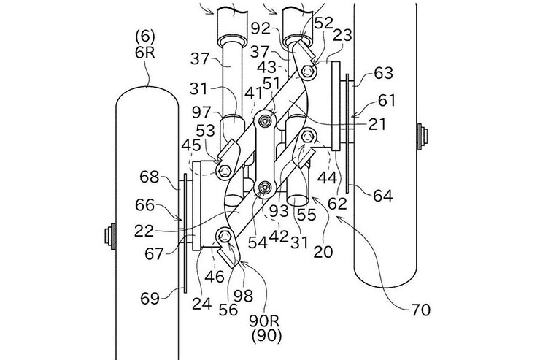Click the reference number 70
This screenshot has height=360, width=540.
tap(421, 310)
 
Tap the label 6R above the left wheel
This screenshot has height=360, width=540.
tap(145, 53)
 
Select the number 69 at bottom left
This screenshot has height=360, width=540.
tap(150, 299)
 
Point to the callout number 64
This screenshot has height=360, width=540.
tap(383, 196)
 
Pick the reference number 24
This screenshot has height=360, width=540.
tap(201, 304)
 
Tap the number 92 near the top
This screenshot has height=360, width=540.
tap(261, 29)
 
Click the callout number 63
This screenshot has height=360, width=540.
tap(383, 73)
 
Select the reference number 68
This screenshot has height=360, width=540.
tap(150, 177)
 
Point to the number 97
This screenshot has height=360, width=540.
tap(202, 112)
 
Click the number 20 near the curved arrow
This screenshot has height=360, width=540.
tap(323, 252)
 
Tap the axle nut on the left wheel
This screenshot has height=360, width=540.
tap(109, 237)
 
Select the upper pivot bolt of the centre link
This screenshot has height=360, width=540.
tap(265, 120)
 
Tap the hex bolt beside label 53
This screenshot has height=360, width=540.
tap(225, 169)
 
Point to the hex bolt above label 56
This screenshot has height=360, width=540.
tap(225, 237)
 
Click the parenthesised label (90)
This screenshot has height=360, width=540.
tap(266, 336)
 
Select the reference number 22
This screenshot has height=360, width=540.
tap(144, 231)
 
